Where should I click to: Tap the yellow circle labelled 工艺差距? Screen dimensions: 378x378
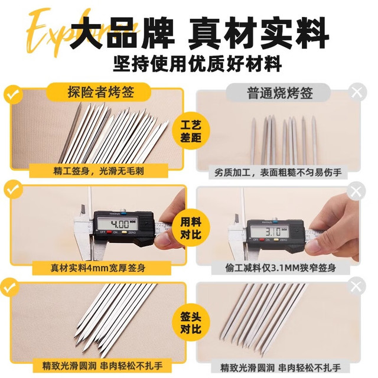click(x=191, y=131)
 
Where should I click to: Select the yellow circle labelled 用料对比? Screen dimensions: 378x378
click(x=191, y=228)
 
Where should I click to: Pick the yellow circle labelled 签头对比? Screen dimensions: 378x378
click(x=191, y=322)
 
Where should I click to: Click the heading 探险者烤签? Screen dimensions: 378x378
click(x=100, y=92)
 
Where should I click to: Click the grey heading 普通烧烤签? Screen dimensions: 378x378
click(x=279, y=93)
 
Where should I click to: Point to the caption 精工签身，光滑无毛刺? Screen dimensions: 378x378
click(x=99, y=171)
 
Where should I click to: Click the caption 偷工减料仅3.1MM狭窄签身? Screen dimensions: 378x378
click(x=281, y=268)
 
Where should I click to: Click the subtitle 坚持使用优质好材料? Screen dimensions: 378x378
click(x=197, y=63)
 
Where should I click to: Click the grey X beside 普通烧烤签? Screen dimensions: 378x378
click(x=357, y=92)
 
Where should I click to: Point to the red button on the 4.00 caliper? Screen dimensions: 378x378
click(x=109, y=232)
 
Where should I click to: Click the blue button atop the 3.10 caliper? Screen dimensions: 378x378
click(x=275, y=221)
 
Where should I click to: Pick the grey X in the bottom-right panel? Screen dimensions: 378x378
click(x=356, y=286)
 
